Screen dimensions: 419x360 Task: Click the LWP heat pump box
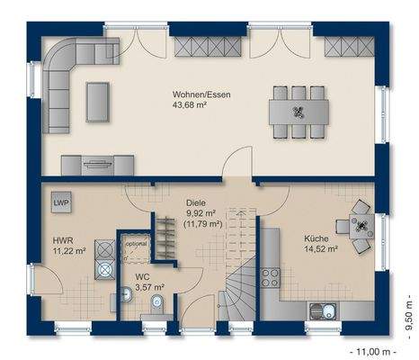(x=61, y=202)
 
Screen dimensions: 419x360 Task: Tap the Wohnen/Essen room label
(x=201, y=94)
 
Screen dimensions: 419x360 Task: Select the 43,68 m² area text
(x=191, y=105)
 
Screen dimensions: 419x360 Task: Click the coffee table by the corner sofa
(x=98, y=102)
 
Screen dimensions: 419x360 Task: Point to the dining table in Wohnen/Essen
(x=299, y=112)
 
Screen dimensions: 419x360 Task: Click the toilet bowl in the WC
(x=156, y=301)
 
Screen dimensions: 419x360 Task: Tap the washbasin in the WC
(x=127, y=293)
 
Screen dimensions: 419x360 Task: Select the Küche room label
(x=316, y=238)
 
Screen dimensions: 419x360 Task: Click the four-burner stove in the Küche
(x=270, y=278)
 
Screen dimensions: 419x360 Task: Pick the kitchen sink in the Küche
(x=323, y=311)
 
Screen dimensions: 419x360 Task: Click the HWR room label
(x=63, y=240)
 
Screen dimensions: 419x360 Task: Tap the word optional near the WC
(x=136, y=244)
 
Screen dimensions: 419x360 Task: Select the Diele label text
(x=196, y=202)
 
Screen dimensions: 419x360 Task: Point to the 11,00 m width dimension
(x=373, y=351)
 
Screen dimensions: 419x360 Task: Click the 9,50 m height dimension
(x=409, y=317)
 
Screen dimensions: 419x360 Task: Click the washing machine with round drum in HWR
(x=105, y=270)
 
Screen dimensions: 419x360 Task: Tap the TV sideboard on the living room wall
(x=97, y=166)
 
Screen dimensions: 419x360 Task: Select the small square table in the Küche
(x=361, y=226)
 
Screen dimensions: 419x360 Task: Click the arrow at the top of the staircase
(x=241, y=213)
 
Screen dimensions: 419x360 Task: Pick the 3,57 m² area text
(x=149, y=287)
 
